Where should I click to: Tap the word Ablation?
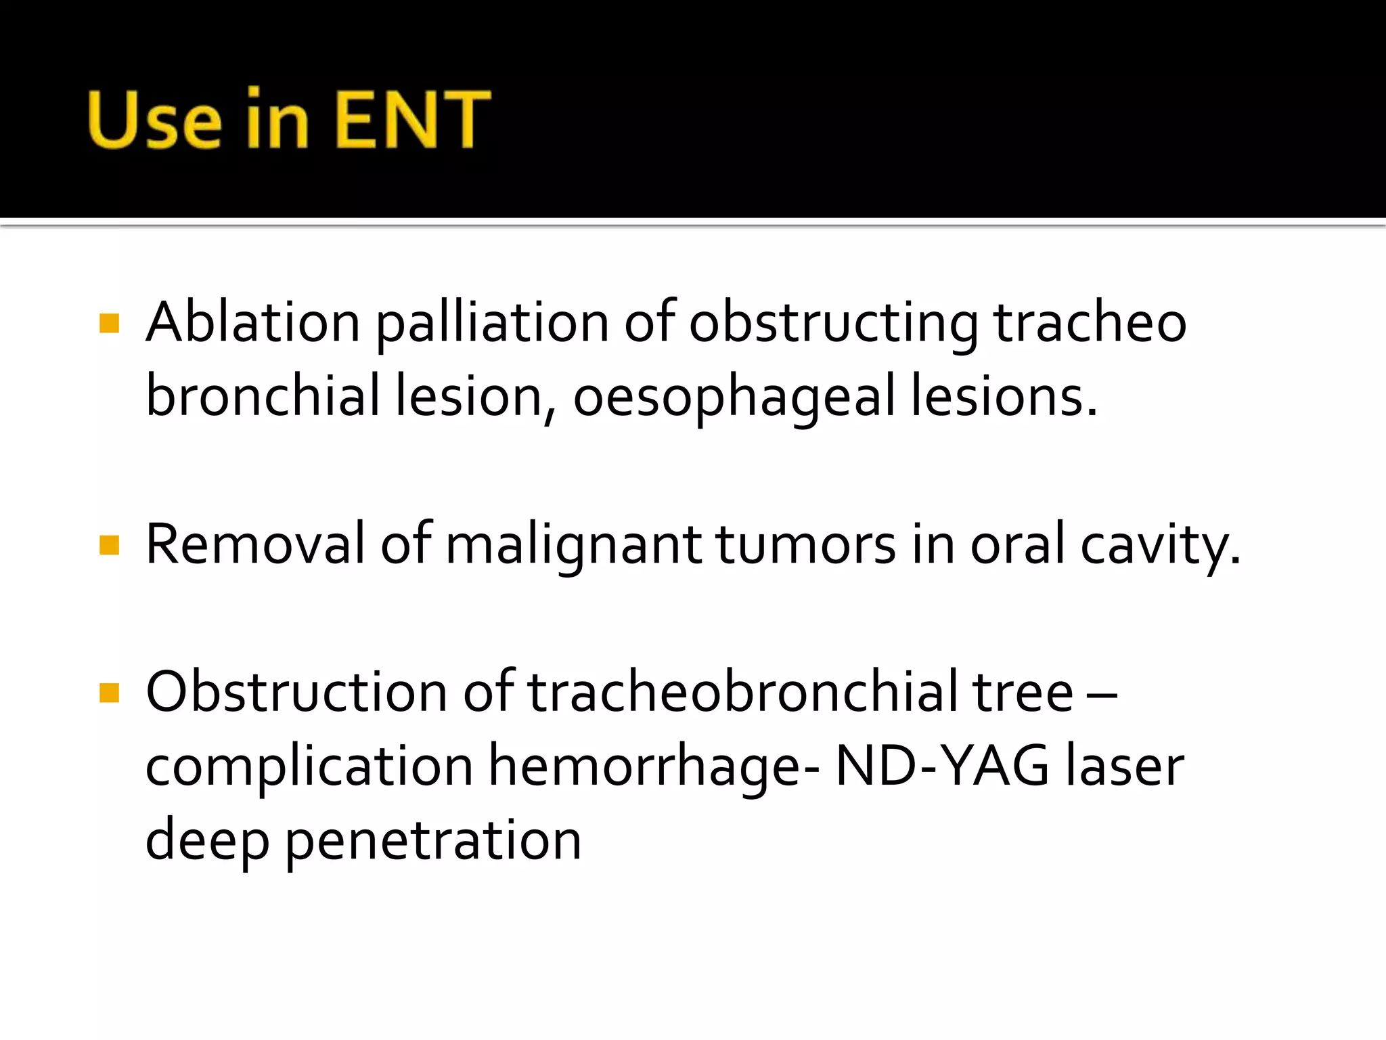pos(253,322)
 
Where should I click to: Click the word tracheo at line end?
pos(1090,322)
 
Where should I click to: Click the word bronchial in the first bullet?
pos(263,395)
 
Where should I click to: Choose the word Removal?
pos(255,544)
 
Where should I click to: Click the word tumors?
pos(805,544)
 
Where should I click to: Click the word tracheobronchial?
pos(742,692)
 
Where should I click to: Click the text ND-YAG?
pos(942,766)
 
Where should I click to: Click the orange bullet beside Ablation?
pos(109,324)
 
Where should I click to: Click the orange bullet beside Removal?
pos(109,545)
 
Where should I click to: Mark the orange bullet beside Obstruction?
pos(109,693)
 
